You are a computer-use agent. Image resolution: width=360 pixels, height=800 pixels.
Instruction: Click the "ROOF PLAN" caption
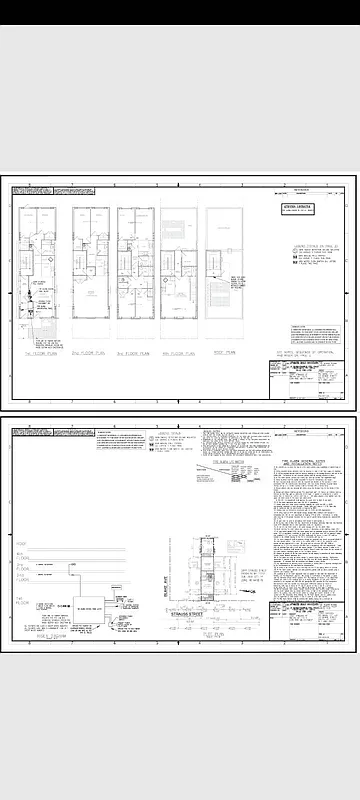click(x=224, y=352)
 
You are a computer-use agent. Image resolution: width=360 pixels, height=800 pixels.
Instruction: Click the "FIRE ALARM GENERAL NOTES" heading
click(x=301, y=464)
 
